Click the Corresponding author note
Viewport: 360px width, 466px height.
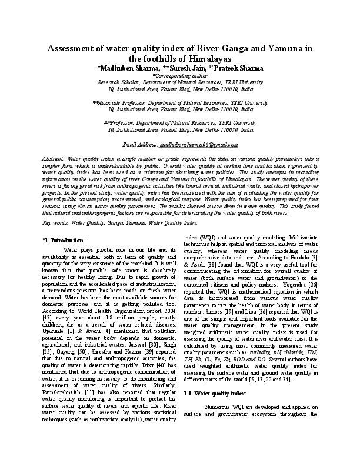(x=180, y=75)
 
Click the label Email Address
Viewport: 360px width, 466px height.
(x=140, y=144)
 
